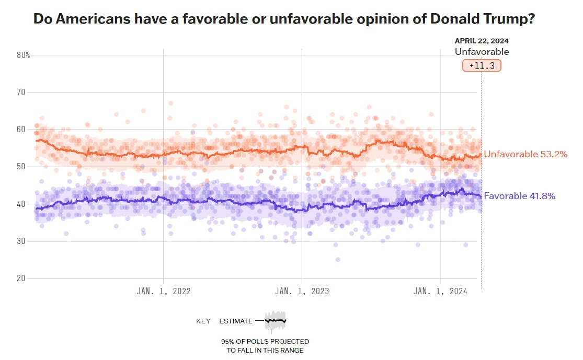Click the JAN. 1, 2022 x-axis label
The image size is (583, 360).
[164, 291]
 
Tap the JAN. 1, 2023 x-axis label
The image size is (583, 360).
[302, 291]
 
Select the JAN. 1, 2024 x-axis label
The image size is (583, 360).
[440, 291]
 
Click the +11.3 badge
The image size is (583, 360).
[482, 66]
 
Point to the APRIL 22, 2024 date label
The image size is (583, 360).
[482, 41]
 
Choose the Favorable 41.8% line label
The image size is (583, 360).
[519, 196]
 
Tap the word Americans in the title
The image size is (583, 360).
[85, 20]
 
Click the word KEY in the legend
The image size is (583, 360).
[203, 321]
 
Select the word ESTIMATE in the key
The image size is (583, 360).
[236, 321]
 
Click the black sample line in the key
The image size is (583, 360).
[276, 320]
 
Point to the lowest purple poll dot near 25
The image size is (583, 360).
[338, 260]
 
